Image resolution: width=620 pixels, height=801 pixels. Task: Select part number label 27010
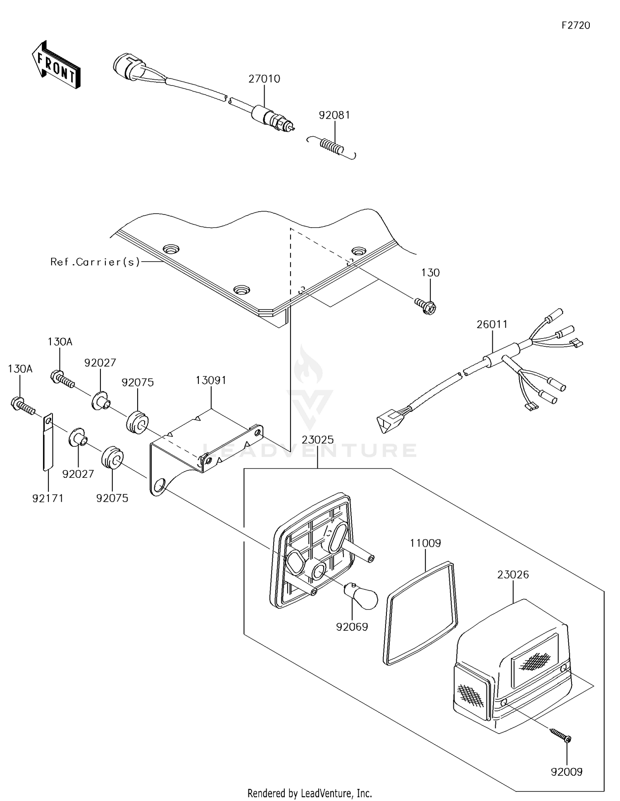264,79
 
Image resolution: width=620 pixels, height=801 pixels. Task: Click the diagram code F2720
576,25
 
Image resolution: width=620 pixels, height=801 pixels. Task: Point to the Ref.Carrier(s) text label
95,262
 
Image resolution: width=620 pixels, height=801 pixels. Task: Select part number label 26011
492,324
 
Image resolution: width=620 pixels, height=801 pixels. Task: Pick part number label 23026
513,575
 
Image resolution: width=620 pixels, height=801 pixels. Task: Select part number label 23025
317,440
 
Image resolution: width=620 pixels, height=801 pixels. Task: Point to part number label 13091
211,380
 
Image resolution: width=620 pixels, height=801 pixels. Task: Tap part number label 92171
48,498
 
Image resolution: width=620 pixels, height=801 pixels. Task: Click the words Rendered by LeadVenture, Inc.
310,793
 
